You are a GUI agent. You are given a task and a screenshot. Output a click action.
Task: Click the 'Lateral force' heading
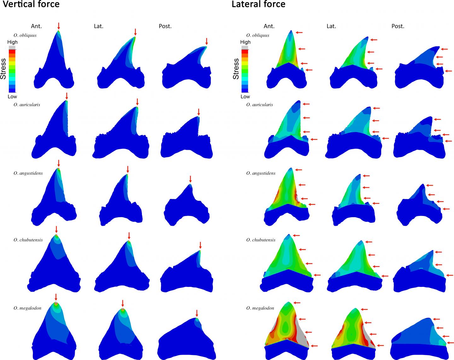tap(259, 4)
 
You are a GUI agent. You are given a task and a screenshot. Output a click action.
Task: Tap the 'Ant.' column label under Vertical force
tap(36, 26)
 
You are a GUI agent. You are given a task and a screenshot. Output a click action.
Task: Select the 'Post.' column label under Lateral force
tap(398, 26)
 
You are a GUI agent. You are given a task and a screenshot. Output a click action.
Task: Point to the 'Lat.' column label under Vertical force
tap(99, 26)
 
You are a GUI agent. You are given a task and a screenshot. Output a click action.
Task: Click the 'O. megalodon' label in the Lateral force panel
tap(260, 308)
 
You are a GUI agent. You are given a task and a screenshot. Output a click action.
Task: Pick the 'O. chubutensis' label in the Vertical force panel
tap(28, 240)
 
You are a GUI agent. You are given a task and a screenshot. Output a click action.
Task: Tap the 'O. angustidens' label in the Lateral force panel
tap(261, 173)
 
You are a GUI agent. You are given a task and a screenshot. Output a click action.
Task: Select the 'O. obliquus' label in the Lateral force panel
tap(258, 35)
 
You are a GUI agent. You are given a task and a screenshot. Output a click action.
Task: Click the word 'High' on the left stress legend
tap(12, 42)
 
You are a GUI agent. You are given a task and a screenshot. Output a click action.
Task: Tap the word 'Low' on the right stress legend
tap(245, 96)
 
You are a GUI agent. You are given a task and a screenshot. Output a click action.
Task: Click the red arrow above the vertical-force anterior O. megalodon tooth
tap(56, 297)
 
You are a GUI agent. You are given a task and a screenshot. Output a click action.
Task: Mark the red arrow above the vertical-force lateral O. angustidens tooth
tap(127, 169)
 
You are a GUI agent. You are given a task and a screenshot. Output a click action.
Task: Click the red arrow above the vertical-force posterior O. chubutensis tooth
tap(200, 245)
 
